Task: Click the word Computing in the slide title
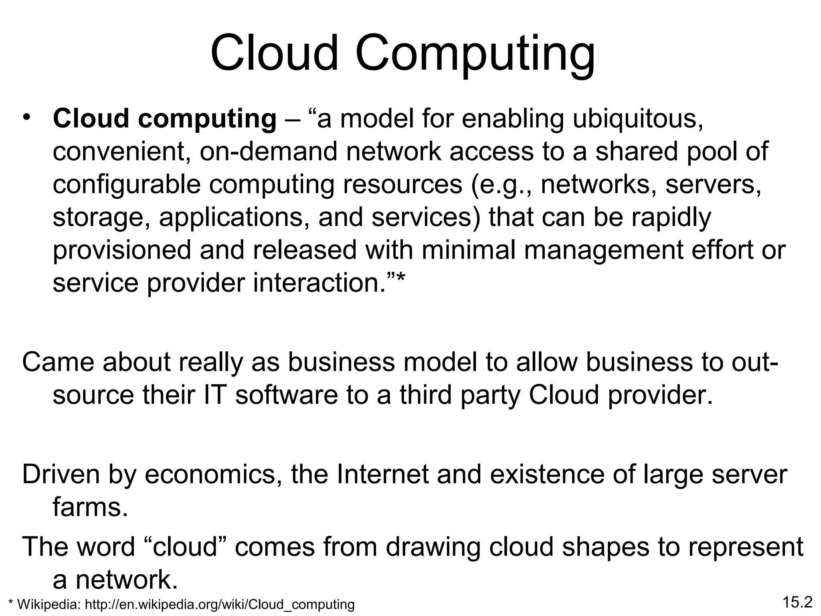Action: click(475, 55)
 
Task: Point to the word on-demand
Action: click(268, 152)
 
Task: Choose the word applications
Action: click(234, 218)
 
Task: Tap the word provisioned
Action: click(122, 251)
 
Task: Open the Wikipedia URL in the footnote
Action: click(220, 604)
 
